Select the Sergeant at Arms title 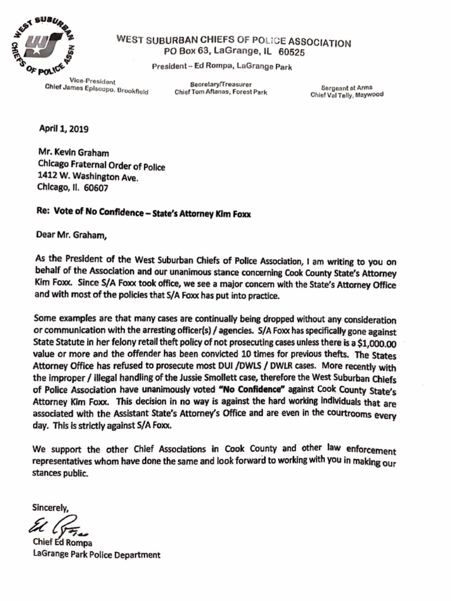click(346, 87)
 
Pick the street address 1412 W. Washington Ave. click(89, 177)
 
